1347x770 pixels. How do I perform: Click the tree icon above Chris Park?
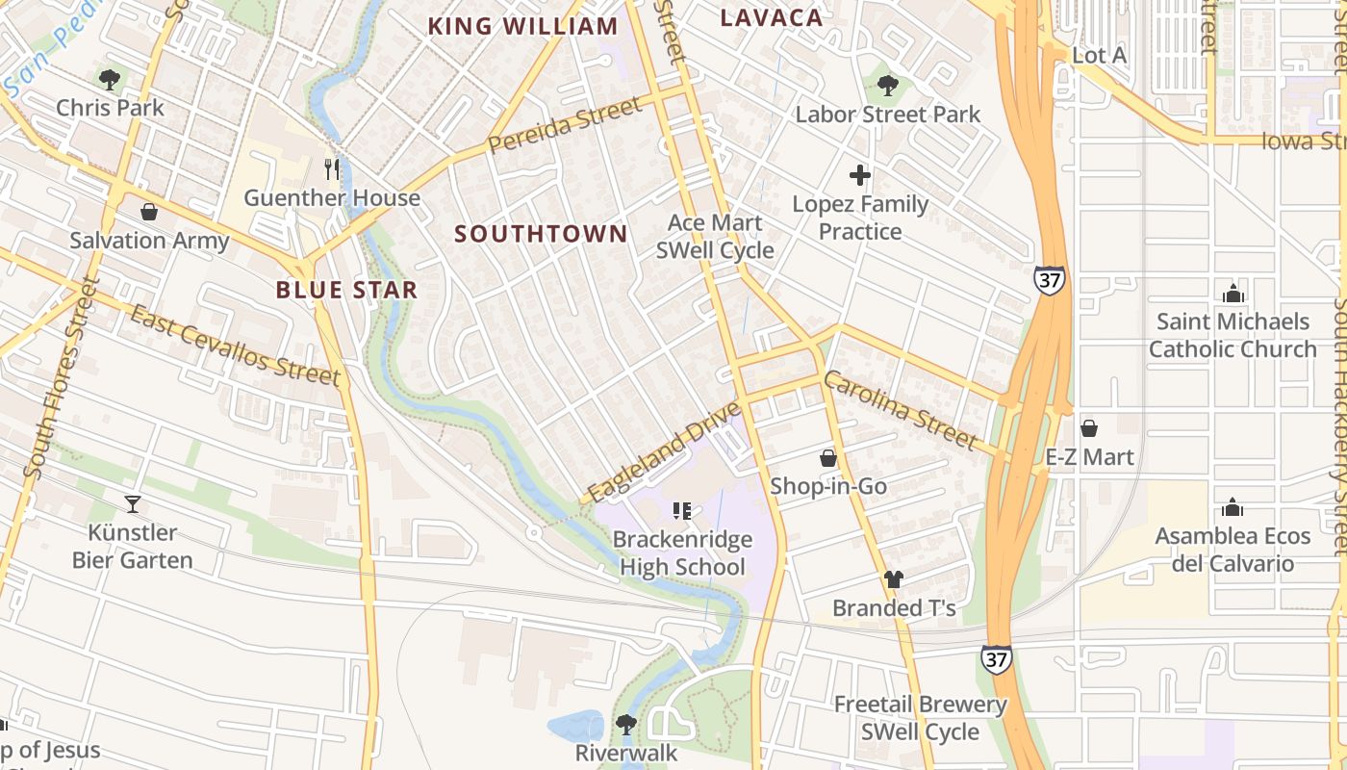click(x=110, y=79)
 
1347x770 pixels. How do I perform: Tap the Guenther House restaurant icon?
click(x=332, y=169)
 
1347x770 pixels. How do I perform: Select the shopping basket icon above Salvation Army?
click(x=149, y=211)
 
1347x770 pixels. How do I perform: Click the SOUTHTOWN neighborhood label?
click(x=541, y=234)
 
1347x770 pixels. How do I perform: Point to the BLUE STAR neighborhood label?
click(x=346, y=290)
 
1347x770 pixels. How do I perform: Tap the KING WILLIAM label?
click(x=522, y=26)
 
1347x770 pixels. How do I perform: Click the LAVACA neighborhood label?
click(x=772, y=17)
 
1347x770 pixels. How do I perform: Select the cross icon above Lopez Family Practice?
click(x=860, y=175)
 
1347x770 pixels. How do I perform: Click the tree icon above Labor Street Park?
click(x=887, y=86)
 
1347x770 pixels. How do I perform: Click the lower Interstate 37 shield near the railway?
click(x=997, y=659)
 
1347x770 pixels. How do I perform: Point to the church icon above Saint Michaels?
click(x=1233, y=293)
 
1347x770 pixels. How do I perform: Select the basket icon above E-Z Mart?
click(x=1089, y=427)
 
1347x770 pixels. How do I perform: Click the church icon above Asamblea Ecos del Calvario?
click(x=1233, y=506)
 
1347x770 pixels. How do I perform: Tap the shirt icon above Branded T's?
click(x=894, y=579)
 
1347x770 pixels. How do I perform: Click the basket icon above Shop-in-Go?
click(x=828, y=458)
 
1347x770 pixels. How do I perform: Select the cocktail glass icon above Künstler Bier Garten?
click(x=133, y=503)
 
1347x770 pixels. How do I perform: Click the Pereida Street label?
click(x=565, y=125)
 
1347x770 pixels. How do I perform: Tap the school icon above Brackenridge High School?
click(x=682, y=510)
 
